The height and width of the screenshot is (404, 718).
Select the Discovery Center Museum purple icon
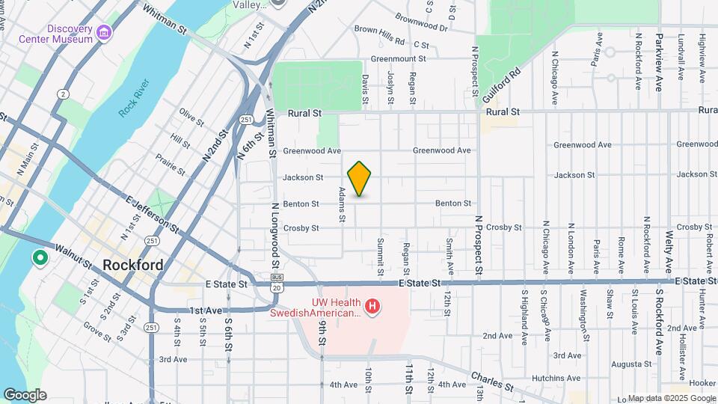(102, 33)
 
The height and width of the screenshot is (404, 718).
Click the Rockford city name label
(132, 265)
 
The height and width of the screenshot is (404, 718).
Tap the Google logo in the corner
(25, 395)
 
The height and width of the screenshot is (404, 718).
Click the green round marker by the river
(39, 259)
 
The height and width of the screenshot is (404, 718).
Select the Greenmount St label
(398, 58)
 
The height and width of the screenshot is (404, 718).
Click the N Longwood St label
(275, 236)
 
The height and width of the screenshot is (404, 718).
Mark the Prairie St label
(171, 163)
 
